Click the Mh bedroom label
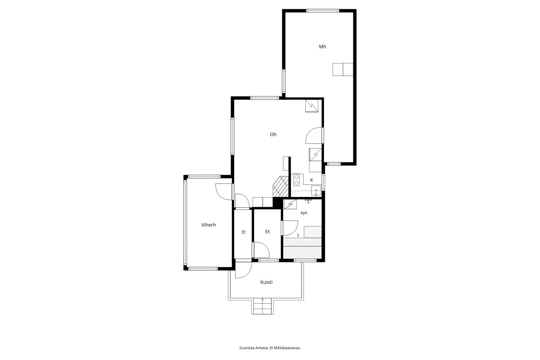coord(322,47)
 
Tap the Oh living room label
coord(273,134)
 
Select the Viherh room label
coord(209,225)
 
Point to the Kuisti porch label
coord(266,282)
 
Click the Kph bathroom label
coord(304,213)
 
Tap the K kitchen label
coord(312,180)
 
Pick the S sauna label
coord(298,235)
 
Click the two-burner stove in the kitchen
coord(297,180)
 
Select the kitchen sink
coord(316,191)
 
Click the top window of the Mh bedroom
coord(323,10)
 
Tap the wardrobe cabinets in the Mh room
coord(343,70)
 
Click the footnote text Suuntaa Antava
coord(253,348)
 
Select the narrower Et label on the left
coord(244,232)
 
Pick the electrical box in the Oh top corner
coord(312,106)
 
